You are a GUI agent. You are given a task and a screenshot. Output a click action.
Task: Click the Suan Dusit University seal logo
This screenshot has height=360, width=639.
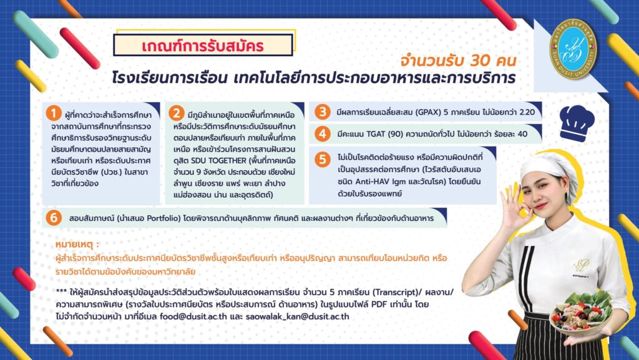point(573,49)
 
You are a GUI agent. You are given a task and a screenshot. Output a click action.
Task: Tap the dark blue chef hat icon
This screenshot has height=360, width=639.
point(576,122)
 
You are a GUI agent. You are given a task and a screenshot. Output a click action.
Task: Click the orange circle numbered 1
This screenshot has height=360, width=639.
point(54,113)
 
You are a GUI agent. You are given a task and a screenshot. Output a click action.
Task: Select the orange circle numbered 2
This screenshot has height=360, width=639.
point(176,113)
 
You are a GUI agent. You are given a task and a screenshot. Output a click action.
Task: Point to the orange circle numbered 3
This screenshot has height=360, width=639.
point(322,112)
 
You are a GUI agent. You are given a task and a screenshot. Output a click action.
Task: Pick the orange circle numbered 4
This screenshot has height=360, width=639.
point(322,134)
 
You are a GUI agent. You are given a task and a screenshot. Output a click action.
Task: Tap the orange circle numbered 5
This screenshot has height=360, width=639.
point(322,159)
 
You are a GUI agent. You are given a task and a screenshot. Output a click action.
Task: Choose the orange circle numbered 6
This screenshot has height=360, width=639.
point(54,218)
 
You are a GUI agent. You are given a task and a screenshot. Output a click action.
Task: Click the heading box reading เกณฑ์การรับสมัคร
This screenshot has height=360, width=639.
point(203,45)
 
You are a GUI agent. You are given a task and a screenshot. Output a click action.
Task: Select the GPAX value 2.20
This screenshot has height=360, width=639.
point(527,112)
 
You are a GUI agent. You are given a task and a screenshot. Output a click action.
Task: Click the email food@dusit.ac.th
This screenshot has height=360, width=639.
point(193,316)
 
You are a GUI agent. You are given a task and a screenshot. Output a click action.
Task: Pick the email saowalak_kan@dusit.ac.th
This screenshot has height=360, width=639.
point(298,316)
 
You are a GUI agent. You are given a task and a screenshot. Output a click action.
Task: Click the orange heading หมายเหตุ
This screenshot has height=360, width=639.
point(77,244)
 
